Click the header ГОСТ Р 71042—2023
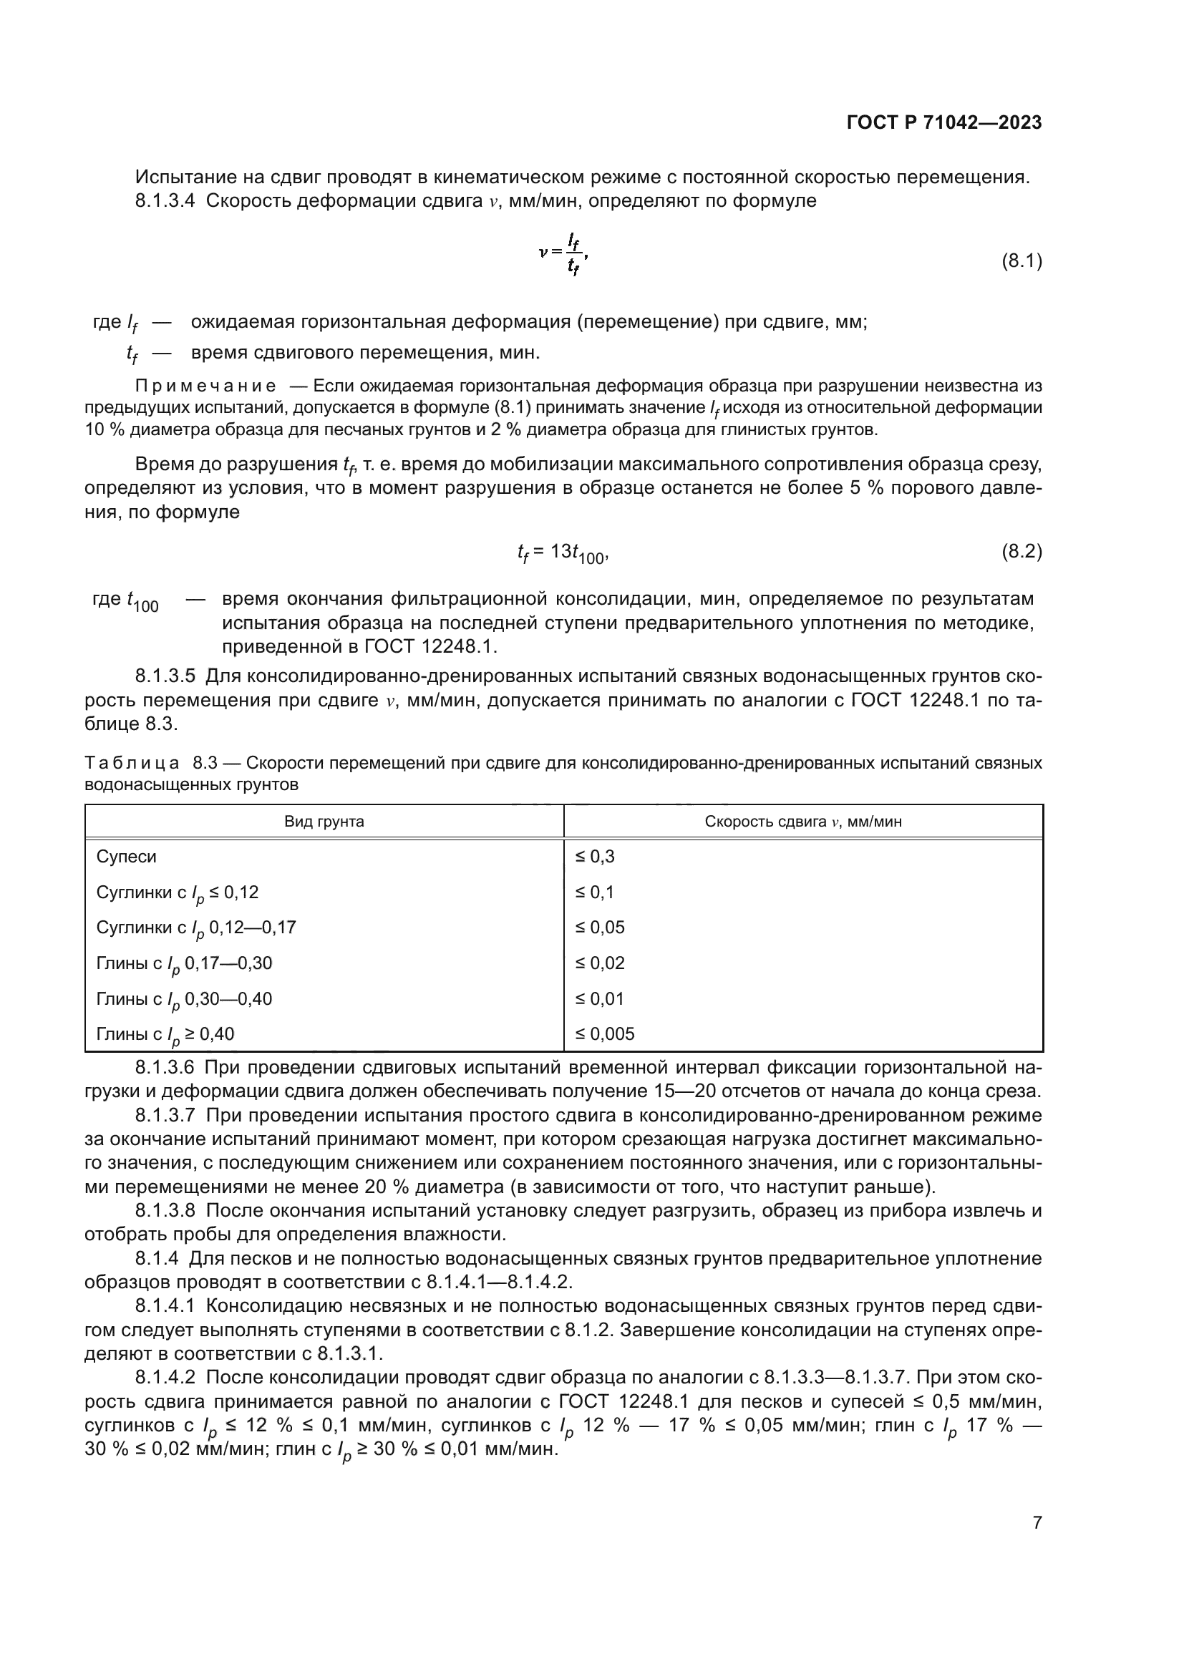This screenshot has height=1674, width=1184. tap(943, 122)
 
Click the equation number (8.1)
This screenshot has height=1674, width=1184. tap(1022, 261)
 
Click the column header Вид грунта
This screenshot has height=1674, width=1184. tap(324, 822)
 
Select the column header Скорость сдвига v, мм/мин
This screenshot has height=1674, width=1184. tap(802, 822)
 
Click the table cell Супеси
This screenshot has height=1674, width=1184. tap(127, 856)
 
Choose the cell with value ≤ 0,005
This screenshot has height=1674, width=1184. tap(605, 1033)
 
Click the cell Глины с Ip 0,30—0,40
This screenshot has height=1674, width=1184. tap(184, 999)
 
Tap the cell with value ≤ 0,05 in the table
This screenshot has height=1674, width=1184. tap(600, 928)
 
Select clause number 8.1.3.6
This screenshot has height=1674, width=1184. tap(165, 1068)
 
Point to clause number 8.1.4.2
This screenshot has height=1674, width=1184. tap(165, 1377)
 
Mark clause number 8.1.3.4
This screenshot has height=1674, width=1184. tap(165, 201)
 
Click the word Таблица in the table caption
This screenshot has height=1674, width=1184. tap(132, 764)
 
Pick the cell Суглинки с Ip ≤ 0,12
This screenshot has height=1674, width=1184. tap(177, 892)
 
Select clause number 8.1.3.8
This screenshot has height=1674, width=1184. tap(165, 1211)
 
